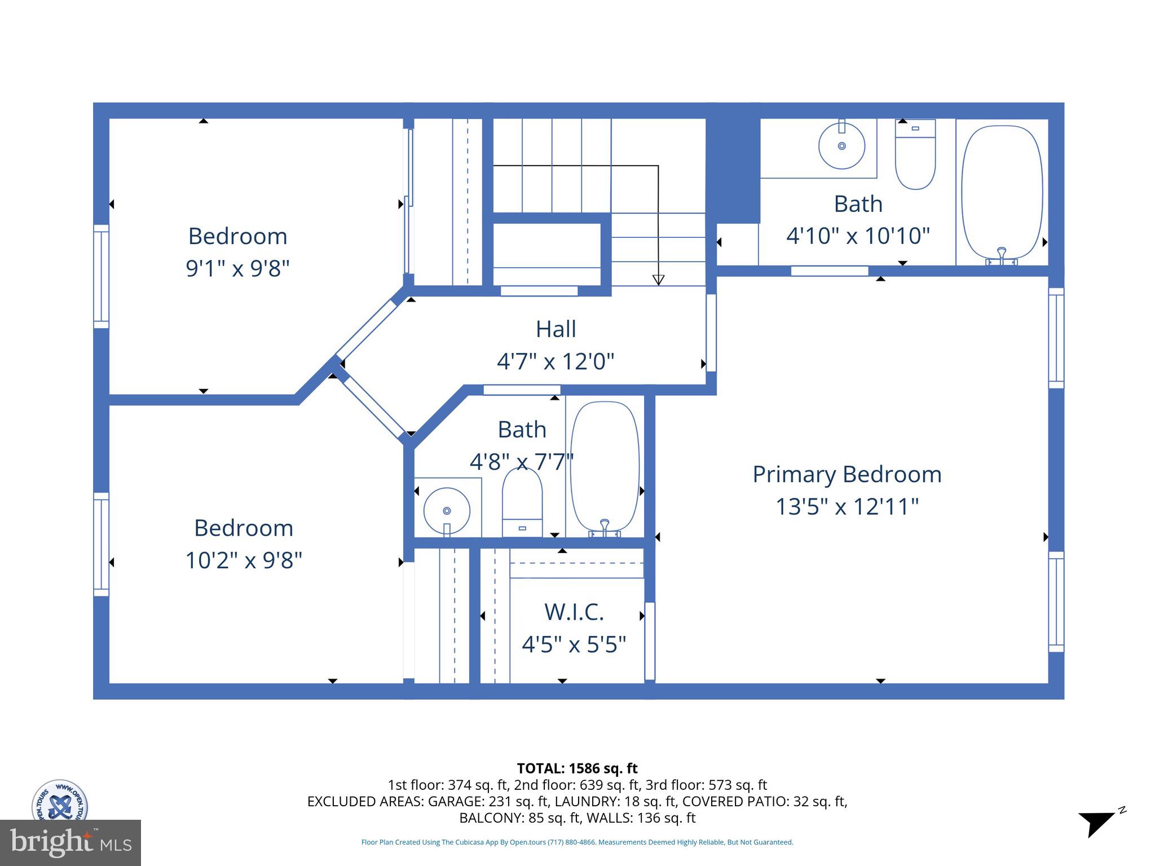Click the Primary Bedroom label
pos(847,474)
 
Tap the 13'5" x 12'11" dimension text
pos(847,506)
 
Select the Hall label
pos(556,329)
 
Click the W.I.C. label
pos(574,612)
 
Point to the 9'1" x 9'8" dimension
pos(237,268)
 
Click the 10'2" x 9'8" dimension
pos(244,560)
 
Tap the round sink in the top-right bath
pos(841,146)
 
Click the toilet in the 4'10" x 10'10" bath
pos(915,155)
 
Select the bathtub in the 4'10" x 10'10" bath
pos(1002,192)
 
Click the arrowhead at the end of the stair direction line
pos(658,280)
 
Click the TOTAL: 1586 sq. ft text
pos(577,768)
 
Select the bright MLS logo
pos(70,842)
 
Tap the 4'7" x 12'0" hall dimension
pos(556,361)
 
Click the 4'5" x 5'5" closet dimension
pos(574,644)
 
